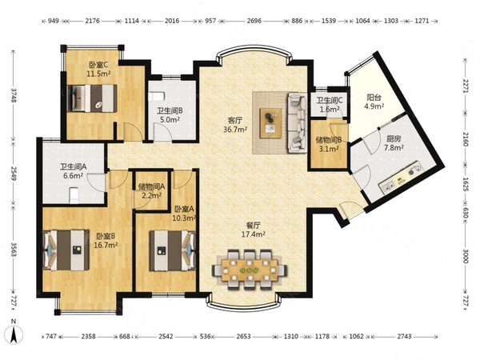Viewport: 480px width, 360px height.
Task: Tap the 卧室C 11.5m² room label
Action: [98, 69]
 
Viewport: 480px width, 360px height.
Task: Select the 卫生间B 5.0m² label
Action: [170, 114]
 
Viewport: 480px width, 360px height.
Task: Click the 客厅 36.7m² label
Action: [235, 125]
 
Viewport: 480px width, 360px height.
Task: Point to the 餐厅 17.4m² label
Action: [253, 230]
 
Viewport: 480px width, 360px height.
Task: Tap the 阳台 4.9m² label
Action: [374, 102]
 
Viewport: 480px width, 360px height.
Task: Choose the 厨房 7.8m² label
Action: [394, 143]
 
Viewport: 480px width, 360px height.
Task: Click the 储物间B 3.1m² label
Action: [328, 145]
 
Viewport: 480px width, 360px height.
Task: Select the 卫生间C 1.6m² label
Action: [329, 104]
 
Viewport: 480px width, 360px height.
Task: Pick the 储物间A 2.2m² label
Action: [151, 190]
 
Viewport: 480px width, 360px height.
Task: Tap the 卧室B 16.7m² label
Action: [106, 241]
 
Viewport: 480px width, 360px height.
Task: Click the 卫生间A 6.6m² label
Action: [73, 171]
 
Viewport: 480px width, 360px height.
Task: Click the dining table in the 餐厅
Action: [249, 270]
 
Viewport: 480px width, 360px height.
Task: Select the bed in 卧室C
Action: [92, 98]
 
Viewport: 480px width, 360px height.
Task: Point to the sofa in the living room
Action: [297, 123]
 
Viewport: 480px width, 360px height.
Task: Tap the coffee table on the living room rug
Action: [270, 123]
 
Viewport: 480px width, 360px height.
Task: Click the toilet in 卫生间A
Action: [74, 195]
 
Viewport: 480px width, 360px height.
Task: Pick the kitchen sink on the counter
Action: [387, 186]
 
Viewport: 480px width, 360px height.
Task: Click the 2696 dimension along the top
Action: [254, 21]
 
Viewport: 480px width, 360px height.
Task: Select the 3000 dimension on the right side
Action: [466, 256]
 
